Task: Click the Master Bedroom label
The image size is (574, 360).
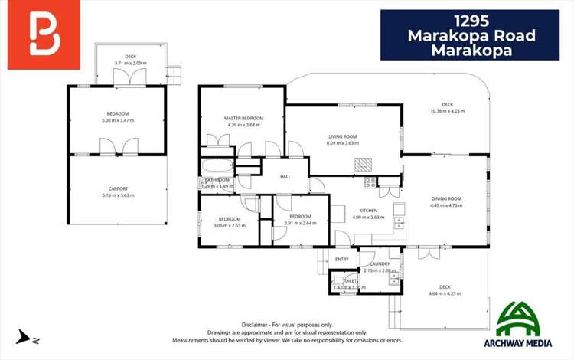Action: [x=243, y=118]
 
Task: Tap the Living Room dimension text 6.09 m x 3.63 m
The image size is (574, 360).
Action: [x=342, y=143]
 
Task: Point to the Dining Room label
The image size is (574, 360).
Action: [x=446, y=198]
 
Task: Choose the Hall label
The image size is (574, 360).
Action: [x=285, y=177]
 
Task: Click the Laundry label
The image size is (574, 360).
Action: [x=380, y=264]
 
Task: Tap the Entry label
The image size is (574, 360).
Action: [x=341, y=260]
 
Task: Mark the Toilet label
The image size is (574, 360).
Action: [x=351, y=281]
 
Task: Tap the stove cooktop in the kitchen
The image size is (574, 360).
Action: [x=370, y=183]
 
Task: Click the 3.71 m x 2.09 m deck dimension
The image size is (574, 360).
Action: [x=130, y=63]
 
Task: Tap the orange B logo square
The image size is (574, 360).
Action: [x=44, y=34]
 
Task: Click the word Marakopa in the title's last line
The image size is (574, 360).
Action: [x=470, y=51]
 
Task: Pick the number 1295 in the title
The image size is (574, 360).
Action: [x=470, y=19]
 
